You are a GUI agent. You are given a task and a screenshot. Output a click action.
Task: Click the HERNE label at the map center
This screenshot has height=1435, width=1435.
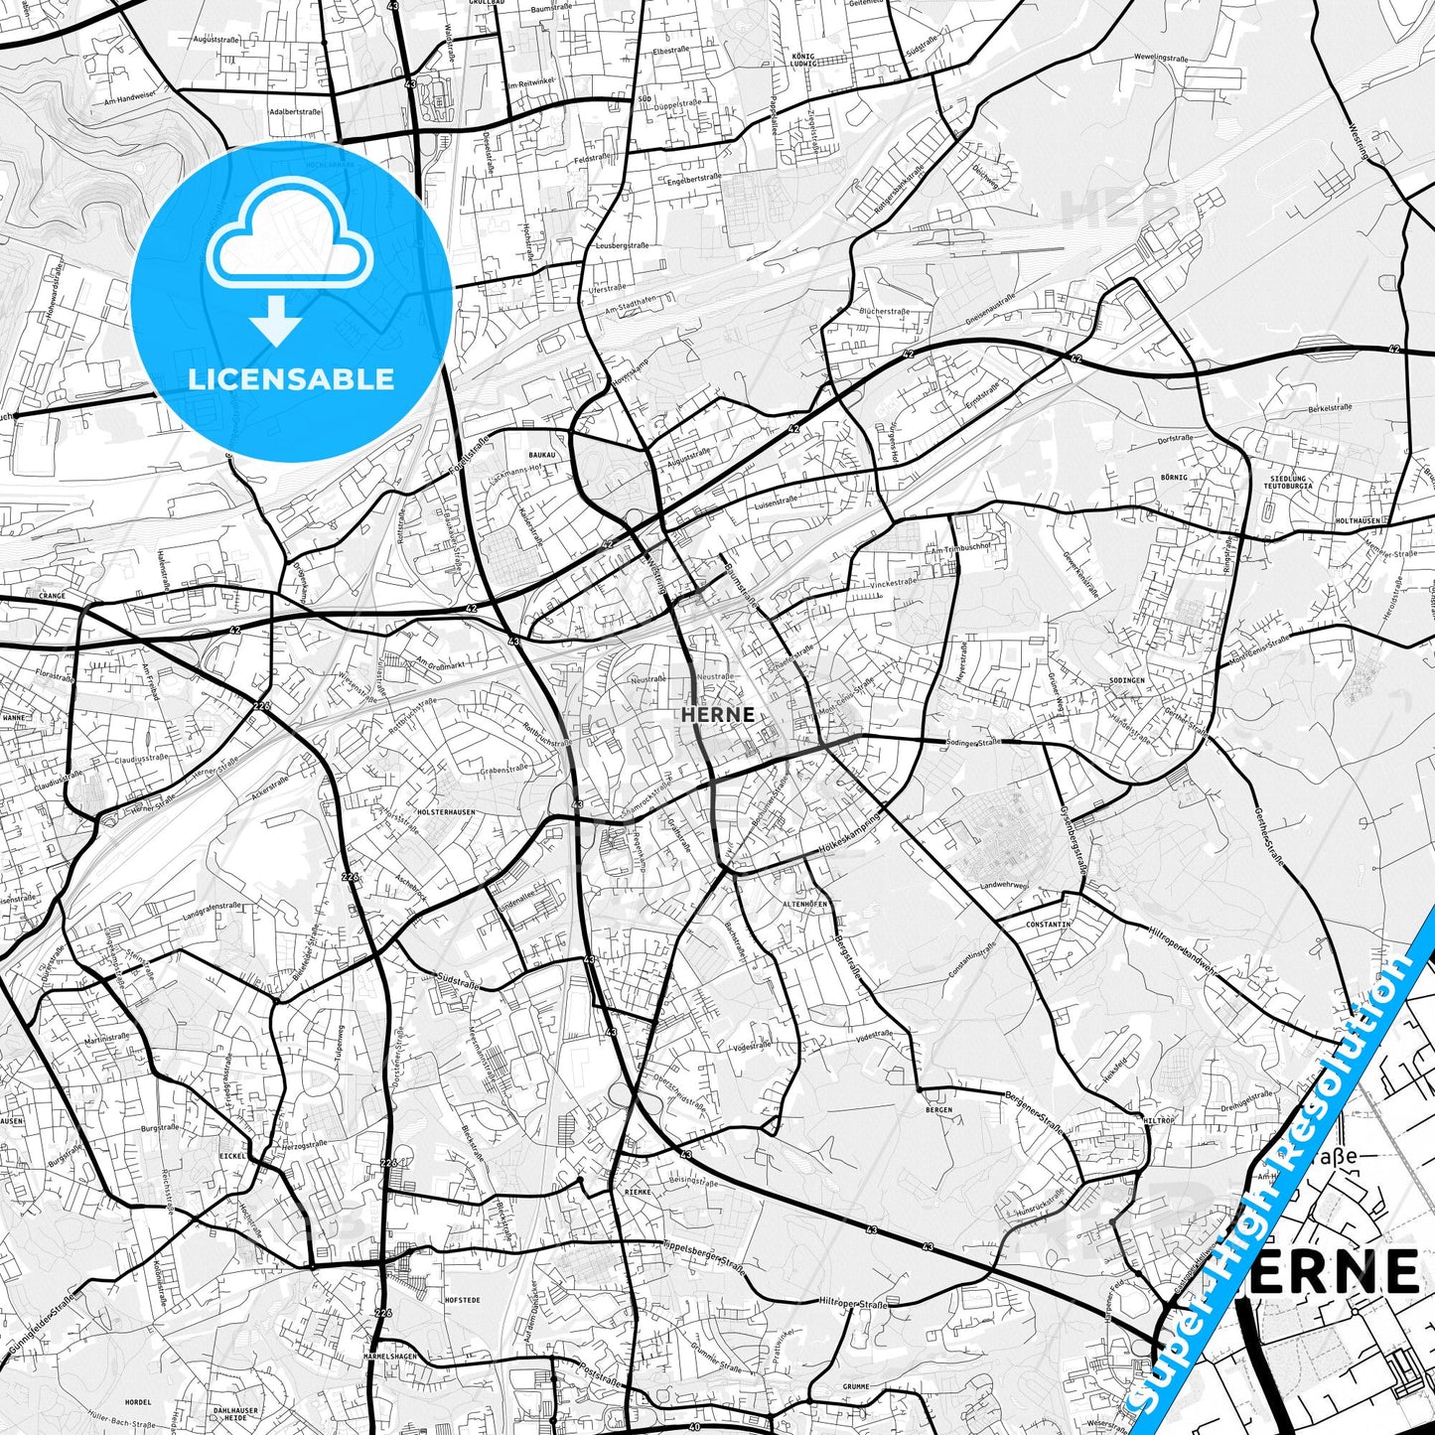pyautogui.click(x=718, y=714)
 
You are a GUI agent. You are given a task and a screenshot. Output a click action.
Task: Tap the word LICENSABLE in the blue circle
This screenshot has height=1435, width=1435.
pyautogui.click(x=291, y=379)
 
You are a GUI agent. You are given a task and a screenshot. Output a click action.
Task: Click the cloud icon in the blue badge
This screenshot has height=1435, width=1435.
pyautogui.click(x=289, y=243)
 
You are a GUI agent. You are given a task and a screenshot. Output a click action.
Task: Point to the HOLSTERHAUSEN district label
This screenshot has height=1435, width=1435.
pyautogui.click(x=447, y=812)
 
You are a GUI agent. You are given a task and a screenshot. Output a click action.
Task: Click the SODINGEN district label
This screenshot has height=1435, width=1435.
pyautogui.click(x=1126, y=681)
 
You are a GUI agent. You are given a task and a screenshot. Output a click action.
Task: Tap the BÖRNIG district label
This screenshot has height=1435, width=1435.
pyautogui.click(x=1174, y=478)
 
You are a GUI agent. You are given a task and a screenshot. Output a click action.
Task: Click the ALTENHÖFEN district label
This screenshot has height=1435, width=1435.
pyautogui.click(x=804, y=905)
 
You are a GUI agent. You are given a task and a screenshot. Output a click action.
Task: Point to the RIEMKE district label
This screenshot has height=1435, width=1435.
pyautogui.click(x=637, y=1190)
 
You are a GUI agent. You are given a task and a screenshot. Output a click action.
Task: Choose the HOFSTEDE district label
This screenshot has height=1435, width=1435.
pyautogui.click(x=463, y=1300)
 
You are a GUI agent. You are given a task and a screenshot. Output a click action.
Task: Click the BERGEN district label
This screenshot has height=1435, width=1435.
pyautogui.click(x=937, y=1110)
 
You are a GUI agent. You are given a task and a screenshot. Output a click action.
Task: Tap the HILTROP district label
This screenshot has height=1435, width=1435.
pyautogui.click(x=1159, y=1120)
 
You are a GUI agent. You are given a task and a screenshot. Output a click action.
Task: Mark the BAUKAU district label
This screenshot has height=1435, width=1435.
pyautogui.click(x=542, y=455)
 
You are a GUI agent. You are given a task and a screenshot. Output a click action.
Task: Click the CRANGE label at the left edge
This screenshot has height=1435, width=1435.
pyautogui.click(x=52, y=597)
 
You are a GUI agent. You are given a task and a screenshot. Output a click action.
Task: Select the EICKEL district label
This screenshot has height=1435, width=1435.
pyautogui.click(x=232, y=1156)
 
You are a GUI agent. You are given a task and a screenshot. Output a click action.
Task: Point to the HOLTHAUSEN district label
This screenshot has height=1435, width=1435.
pyautogui.click(x=1359, y=520)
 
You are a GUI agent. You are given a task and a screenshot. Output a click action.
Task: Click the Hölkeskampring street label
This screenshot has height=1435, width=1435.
pyautogui.click(x=849, y=835)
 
